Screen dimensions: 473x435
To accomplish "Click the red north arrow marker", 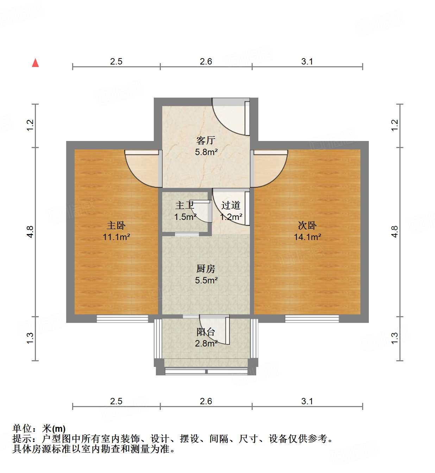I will click(x=35, y=63).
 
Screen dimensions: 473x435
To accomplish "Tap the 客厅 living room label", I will click(x=206, y=141).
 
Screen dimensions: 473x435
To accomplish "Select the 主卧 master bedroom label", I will click(x=116, y=225).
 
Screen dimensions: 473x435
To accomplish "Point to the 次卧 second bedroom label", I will click(x=307, y=225).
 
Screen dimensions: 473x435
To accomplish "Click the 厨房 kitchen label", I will click(x=206, y=269).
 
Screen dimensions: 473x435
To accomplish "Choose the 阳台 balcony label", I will click(x=206, y=332).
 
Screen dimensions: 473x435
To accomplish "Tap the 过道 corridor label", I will click(x=231, y=205).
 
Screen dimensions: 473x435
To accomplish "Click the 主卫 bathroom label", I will click(x=185, y=205).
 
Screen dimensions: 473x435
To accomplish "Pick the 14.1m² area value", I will click(x=307, y=237).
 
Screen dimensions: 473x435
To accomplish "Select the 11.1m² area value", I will click(x=116, y=237).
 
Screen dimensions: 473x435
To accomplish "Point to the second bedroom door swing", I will click(x=269, y=169).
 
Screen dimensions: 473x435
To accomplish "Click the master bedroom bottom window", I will click(x=122, y=319).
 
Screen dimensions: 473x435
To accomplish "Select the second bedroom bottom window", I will click(x=312, y=319).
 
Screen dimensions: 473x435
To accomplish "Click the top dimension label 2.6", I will click(x=206, y=62).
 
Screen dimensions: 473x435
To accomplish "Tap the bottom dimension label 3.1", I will click(x=307, y=401).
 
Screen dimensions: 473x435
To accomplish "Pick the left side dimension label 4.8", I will click(x=30, y=232).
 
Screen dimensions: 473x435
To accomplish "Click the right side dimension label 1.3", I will click(x=395, y=338).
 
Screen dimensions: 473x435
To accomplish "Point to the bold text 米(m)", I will click(x=54, y=429).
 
